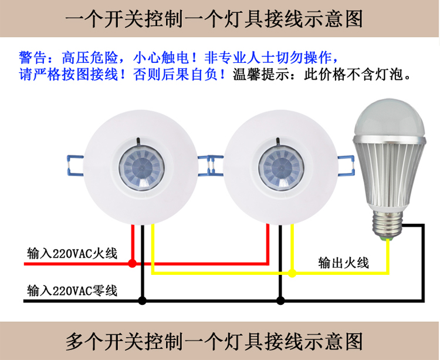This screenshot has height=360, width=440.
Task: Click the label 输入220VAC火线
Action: [x=72, y=254]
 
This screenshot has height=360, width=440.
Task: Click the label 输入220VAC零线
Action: [x=72, y=291]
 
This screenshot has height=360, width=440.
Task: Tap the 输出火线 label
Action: [x=343, y=263]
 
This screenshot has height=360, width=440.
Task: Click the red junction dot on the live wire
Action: [x=133, y=264]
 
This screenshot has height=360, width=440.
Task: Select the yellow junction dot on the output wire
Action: [x=292, y=273]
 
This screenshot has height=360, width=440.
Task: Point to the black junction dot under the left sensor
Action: [x=142, y=301]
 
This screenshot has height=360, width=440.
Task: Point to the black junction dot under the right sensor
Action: [x=280, y=301]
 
